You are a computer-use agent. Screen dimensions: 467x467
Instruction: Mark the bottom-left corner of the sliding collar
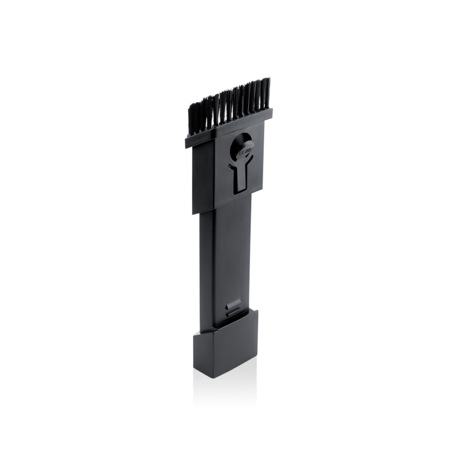coord(193,214)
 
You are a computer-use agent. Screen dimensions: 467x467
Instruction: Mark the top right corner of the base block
coord(257,311)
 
